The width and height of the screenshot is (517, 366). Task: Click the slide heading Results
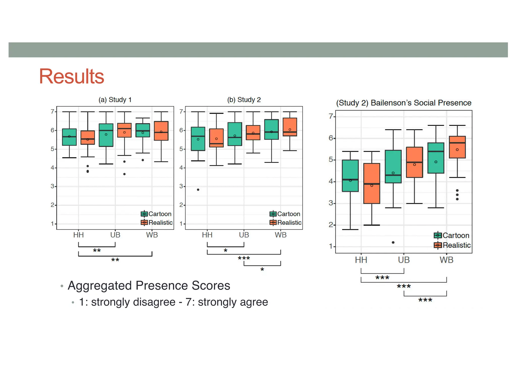tap(71, 76)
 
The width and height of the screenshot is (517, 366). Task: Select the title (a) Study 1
tap(115, 100)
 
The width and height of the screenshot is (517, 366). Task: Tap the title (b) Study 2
tap(244, 100)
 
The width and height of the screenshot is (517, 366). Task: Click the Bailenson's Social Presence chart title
tap(404, 103)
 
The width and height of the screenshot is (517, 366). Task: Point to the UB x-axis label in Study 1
tap(115, 235)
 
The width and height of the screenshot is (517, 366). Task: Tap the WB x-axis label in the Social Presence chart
tap(446, 260)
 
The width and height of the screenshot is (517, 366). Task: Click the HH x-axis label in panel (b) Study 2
tap(207, 235)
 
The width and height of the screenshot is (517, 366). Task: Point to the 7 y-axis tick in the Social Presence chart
tap(331, 116)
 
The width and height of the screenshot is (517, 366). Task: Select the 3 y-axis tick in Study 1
tap(53, 186)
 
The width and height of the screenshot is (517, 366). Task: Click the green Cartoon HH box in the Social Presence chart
tap(350, 176)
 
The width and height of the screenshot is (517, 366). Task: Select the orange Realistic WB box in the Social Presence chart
tap(457, 147)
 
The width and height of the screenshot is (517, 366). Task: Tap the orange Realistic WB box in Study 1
tap(161, 131)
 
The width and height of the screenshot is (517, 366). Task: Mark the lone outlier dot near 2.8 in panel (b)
tap(198, 190)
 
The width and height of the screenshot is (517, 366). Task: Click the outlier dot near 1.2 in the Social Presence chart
tap(393, 242)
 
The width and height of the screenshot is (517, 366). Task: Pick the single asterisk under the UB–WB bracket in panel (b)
tap(262, 269)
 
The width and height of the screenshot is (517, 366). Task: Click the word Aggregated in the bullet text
tap(99, 286)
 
